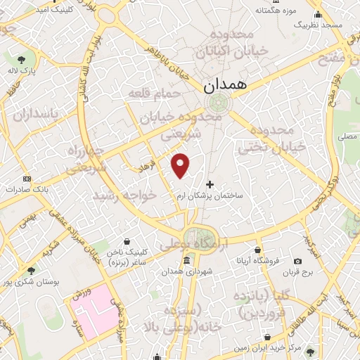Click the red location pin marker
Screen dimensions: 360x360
[x=181, y=165]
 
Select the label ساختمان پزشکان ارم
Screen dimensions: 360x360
[x=210, y=196]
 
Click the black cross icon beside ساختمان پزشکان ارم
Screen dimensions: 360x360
[x=210, y=184]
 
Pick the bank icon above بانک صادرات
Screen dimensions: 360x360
[x=27, y=178]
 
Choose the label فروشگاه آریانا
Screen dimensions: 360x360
[x=259, y=261]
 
